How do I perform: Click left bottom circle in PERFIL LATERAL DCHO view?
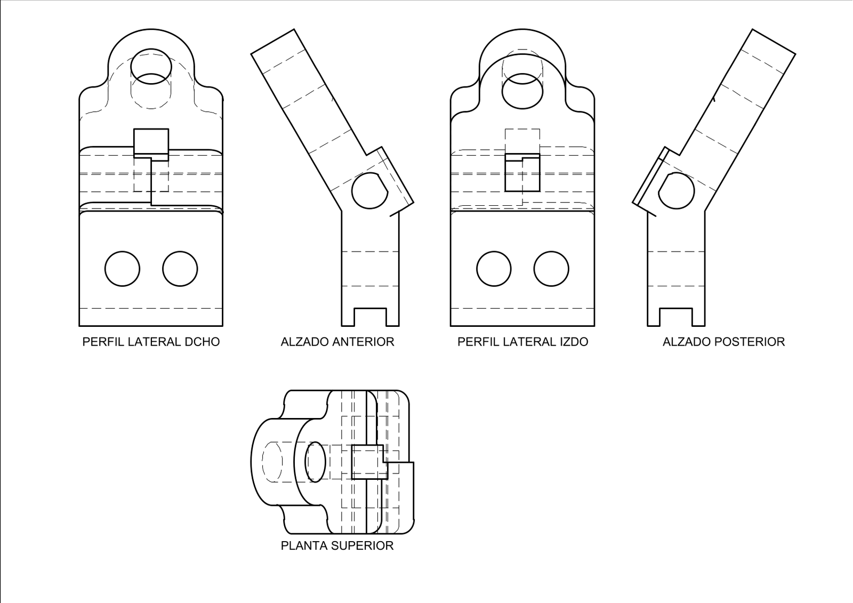tap(122, 269)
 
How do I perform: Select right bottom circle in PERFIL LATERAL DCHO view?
tap(180, 269)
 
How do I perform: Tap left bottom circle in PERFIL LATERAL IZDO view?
tap(494, 269)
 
